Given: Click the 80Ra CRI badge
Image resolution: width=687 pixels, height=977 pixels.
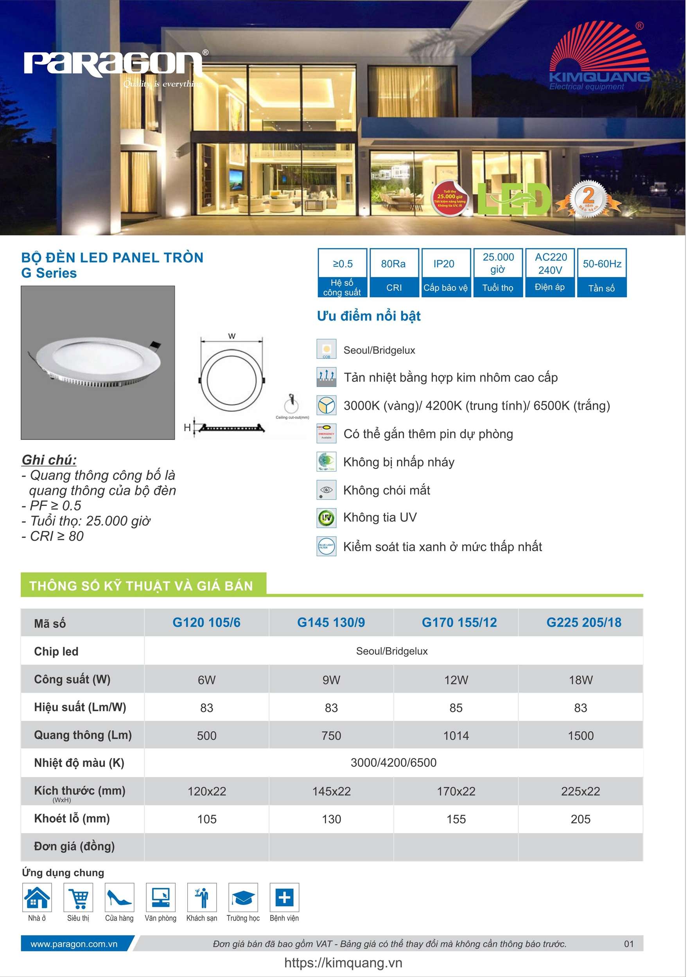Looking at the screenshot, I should (393, 272).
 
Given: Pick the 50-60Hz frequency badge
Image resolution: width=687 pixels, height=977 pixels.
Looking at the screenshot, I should (601, 272).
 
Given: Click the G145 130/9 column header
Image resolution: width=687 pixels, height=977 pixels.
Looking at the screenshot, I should (331, 622).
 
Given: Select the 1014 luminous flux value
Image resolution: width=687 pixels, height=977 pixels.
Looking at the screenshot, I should (456, 736).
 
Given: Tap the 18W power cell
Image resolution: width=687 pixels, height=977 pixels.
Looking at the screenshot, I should (581, 680).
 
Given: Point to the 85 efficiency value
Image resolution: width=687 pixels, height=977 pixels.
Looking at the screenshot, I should (456, 708).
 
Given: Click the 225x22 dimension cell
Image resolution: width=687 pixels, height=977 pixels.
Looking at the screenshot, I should (581, 791).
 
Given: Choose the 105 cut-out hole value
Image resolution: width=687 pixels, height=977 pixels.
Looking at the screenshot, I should (207, 819).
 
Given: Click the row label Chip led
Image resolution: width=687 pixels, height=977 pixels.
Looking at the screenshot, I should (56, 651).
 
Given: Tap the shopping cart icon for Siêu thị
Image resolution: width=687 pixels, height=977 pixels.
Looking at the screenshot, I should (78, 898).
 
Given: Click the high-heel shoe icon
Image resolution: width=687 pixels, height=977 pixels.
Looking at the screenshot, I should (120, 898).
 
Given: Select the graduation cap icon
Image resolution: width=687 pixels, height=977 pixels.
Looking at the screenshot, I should (243, 898).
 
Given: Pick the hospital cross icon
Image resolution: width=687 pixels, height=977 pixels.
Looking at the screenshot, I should (284, 898).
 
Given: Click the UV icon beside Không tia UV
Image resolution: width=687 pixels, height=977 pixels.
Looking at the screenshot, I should (326, 518).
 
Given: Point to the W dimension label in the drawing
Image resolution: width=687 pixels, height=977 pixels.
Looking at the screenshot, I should (231, 336).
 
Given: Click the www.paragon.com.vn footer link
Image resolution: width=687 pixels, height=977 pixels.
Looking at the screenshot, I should (74, 944).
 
